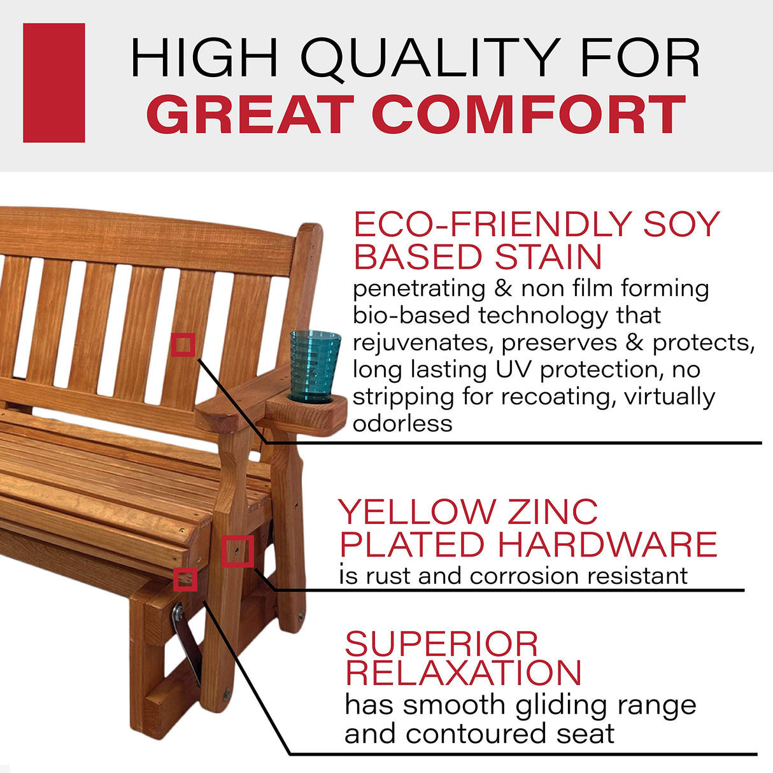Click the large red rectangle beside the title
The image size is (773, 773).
point(53,83)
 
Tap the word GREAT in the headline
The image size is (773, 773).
point(250,115)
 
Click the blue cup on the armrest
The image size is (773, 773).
point(315,365)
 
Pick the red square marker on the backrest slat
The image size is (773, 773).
point(183,345)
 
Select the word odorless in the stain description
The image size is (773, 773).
point(402,423)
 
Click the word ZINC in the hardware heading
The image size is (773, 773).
point(552,512)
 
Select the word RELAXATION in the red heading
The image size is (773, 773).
point(463,673)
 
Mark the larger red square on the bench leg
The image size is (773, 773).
point(238,551)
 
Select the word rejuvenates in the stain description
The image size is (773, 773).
point(423,343)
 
